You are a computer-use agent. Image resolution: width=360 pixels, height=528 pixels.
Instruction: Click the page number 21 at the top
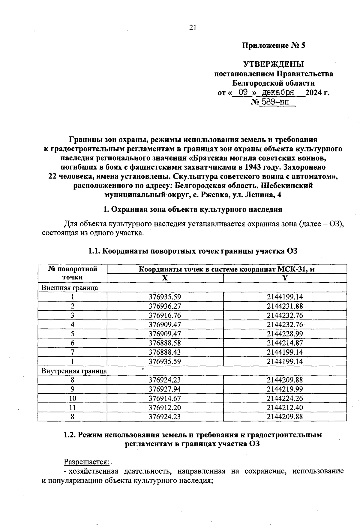(x=193, y=28)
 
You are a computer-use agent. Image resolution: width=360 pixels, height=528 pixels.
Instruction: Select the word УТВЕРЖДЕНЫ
(x=273, y=64)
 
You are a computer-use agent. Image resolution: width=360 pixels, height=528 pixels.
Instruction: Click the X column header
(x=165, y=278)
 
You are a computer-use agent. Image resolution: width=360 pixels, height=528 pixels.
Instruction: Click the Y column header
(x=285, y=278)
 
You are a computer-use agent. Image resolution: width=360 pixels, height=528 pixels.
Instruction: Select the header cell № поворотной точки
(x=72, y=273)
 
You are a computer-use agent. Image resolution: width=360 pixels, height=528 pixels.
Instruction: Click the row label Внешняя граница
(x=70, y=288)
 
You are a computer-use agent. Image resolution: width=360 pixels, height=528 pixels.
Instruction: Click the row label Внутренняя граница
(x=74, y=371)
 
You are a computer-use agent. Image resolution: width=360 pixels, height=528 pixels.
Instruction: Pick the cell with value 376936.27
(x=165, y=306)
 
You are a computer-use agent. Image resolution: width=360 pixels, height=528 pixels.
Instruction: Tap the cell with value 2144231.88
(x=285, y=306)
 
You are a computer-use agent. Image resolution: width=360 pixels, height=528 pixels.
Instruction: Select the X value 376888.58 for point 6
(x=165, y=343)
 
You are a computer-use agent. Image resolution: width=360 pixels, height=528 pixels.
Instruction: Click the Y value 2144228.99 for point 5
(x=285, y=334)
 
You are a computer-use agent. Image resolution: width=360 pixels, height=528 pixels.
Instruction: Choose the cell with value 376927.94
(x=165, y=389)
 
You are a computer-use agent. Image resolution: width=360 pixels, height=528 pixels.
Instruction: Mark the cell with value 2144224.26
(x=285, y=398)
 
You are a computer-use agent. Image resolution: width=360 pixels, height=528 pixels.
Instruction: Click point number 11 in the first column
(x=72, y=408)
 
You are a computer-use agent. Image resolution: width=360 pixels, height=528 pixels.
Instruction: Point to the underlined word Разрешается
(x=86, y=462)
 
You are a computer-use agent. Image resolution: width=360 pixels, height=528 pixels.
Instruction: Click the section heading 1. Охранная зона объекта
(x=192, y=209)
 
